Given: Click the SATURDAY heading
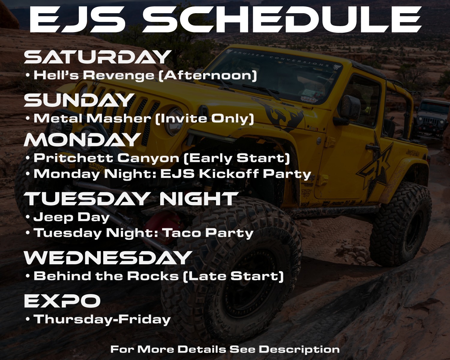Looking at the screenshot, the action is pyautogui.click(x=97, y=57).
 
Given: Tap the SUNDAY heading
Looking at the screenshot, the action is pyautogui.click(x=79, y=100).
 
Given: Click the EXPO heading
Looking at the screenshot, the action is pyautogui.click(x=62, y=300).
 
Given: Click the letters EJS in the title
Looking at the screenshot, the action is pyautogui.click(x=77, y=19).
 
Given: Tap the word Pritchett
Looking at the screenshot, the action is pyautogui.click(x=73, y=158).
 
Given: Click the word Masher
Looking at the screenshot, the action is pyautogui.click(x=118, y=118).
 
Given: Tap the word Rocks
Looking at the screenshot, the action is pyautogui.click(x=153, y=276).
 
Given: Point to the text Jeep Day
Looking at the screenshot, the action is pyautogui.click(x=71, y=217).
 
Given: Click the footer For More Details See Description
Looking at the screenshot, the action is pyautogui.click(x=225, y=349).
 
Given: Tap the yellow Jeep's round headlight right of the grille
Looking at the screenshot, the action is pyautogui.click(x=174, y=121).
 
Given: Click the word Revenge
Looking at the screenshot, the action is pyautogui.click(x=119, y=75).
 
